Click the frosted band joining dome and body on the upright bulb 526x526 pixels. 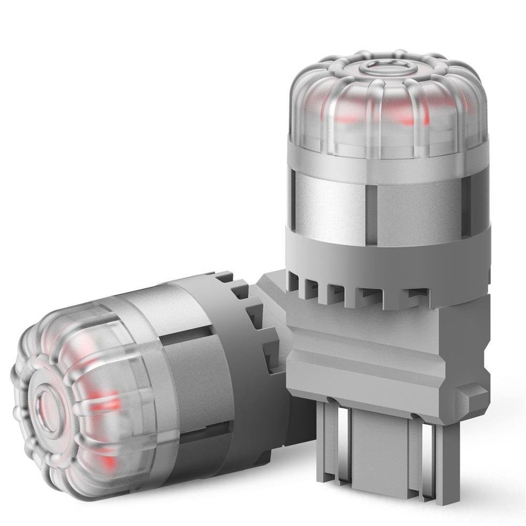[x=386, y=159]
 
